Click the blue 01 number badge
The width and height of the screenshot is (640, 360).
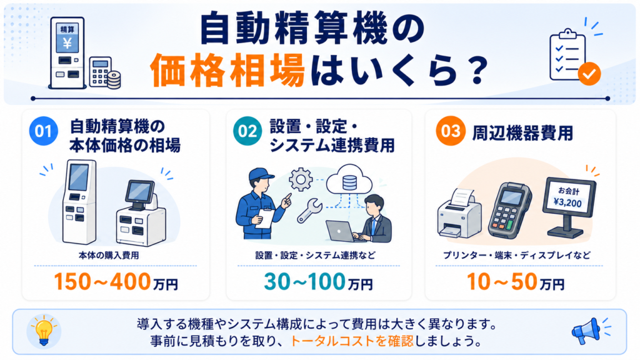(43, 131)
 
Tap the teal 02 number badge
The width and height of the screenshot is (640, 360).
(247, 131)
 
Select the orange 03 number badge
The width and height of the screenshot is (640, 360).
(451, 131)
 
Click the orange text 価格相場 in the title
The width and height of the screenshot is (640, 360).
(227, 71)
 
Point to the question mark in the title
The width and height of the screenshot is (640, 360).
(475, 71)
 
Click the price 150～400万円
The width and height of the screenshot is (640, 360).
(116, 282)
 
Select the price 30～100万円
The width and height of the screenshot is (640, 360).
(318, 282)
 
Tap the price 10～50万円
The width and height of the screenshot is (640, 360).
(516, 282)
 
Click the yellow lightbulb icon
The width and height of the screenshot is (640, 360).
(44, 331)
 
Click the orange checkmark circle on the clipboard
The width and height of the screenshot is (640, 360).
(589, 74)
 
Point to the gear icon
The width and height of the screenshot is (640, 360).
(301, 179)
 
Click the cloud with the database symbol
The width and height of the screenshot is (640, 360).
(349, 180)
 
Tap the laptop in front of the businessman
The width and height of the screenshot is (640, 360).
(341, 231)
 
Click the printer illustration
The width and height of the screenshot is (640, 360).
(459, 214)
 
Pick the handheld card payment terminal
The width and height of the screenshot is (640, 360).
(510, 211)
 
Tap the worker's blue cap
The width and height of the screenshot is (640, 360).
(260, 175)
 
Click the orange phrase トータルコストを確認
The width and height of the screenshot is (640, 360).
(352, 341)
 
